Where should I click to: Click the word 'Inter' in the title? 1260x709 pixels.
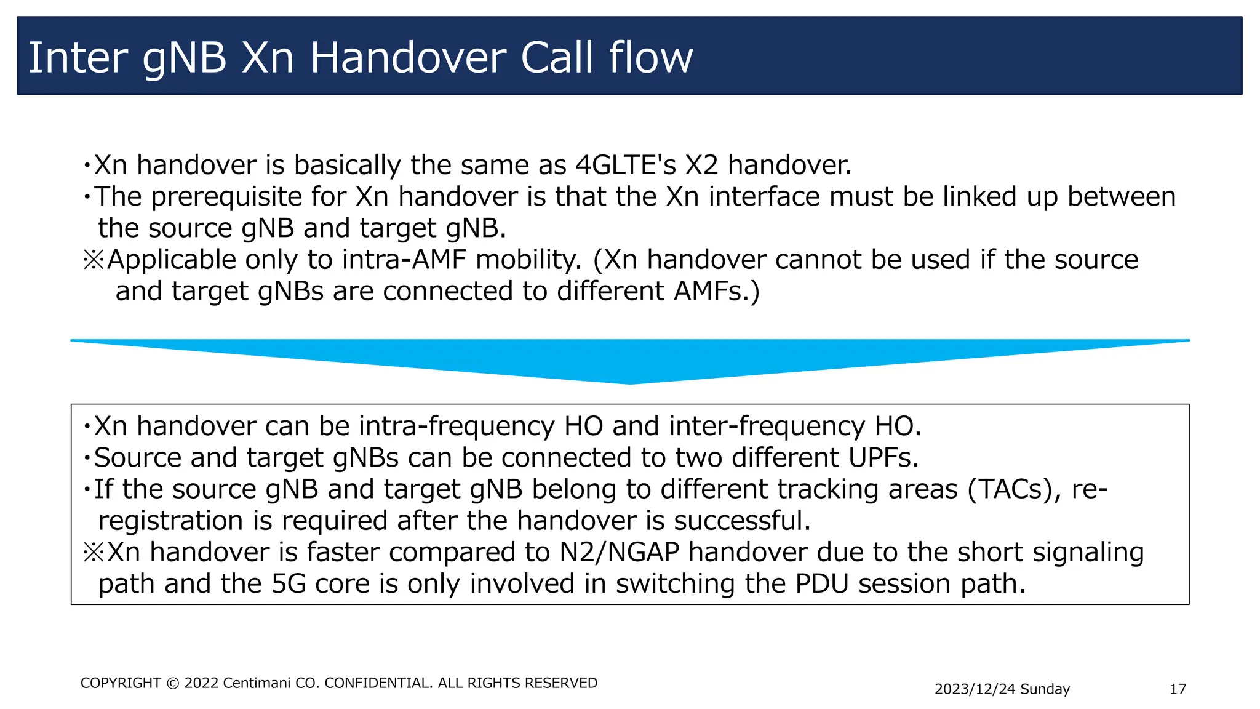coord(78,58)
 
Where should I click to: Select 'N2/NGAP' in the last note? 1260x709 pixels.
coord(619,552)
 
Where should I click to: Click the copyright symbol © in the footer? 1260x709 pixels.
coord(173,683)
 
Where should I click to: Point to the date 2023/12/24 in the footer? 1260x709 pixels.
coord(975,689)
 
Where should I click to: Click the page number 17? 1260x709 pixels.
coord(1178,689)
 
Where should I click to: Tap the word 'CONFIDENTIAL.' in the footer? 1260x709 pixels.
coord(378,683)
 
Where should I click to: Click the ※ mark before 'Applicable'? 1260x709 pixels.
coord(94,260)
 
